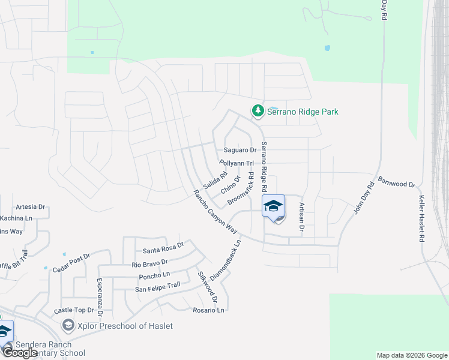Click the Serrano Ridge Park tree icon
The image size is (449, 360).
[x=258, y=111]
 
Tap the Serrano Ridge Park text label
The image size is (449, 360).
[x=303, y=112]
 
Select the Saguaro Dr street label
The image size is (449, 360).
[x=240, y=150]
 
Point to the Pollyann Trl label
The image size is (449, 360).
[x=237, y=163]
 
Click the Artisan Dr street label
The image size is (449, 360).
[x=302, y=217]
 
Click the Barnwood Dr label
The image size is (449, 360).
[x=397, y=182]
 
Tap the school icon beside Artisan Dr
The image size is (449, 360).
[x=273, y=206]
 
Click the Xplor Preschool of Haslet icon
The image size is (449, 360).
[x=69, y=326]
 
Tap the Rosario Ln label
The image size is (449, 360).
[x=208, y=310]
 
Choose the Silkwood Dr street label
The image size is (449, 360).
[x=206, y=287]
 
